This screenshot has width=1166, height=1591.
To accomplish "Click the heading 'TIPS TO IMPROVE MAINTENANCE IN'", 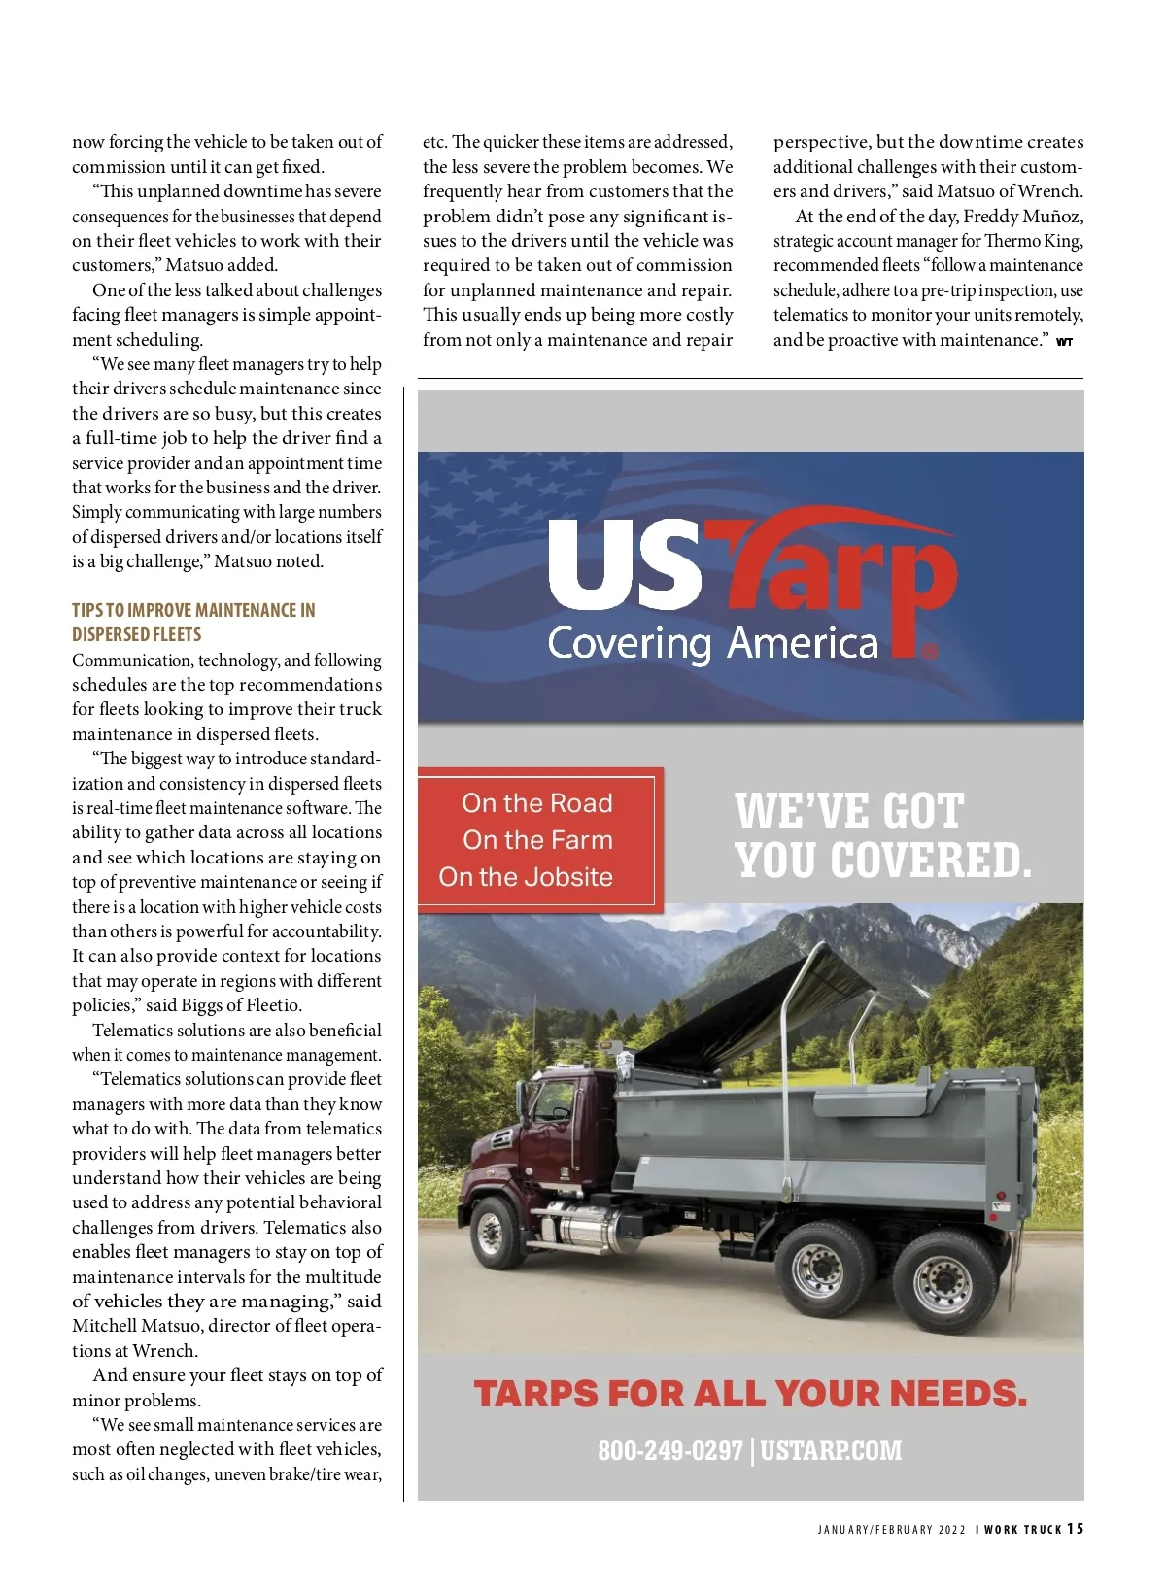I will coord(193,610).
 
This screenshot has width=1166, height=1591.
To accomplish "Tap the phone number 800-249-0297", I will coord(669,1450).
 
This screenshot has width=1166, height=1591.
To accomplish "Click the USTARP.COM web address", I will coord(831,1450).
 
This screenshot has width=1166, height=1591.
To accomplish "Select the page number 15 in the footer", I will coord(1075,1528).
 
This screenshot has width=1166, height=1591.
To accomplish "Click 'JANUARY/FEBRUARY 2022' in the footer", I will coord(891,1530).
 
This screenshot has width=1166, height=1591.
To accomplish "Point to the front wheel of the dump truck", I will coord(492,1232).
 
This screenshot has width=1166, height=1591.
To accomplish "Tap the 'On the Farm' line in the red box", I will coord(537,840).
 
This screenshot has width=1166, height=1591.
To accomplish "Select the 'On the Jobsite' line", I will coord(526,877).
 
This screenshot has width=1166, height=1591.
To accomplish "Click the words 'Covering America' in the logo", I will coord(712,643).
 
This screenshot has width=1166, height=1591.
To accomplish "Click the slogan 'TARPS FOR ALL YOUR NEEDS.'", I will coord(750,1394).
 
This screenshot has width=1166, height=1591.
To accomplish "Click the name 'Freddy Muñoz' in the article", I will coord(1022,216).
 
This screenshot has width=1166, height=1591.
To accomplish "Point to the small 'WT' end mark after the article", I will coord(1065,342).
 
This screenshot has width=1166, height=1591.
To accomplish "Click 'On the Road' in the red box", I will coord(537,803).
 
